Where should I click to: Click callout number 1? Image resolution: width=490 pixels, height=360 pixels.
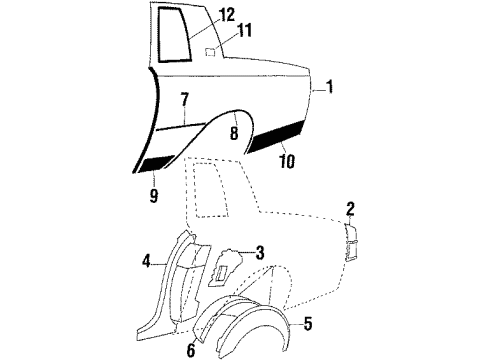(329, 89)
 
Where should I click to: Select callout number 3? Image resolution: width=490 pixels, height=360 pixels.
(259, 254)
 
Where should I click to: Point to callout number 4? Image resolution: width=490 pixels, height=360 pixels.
(148, 262)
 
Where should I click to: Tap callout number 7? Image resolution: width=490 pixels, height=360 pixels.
(185, 99)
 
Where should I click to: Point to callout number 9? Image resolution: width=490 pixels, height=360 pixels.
(155, 196)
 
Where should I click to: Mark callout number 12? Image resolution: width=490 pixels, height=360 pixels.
(228, 14)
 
